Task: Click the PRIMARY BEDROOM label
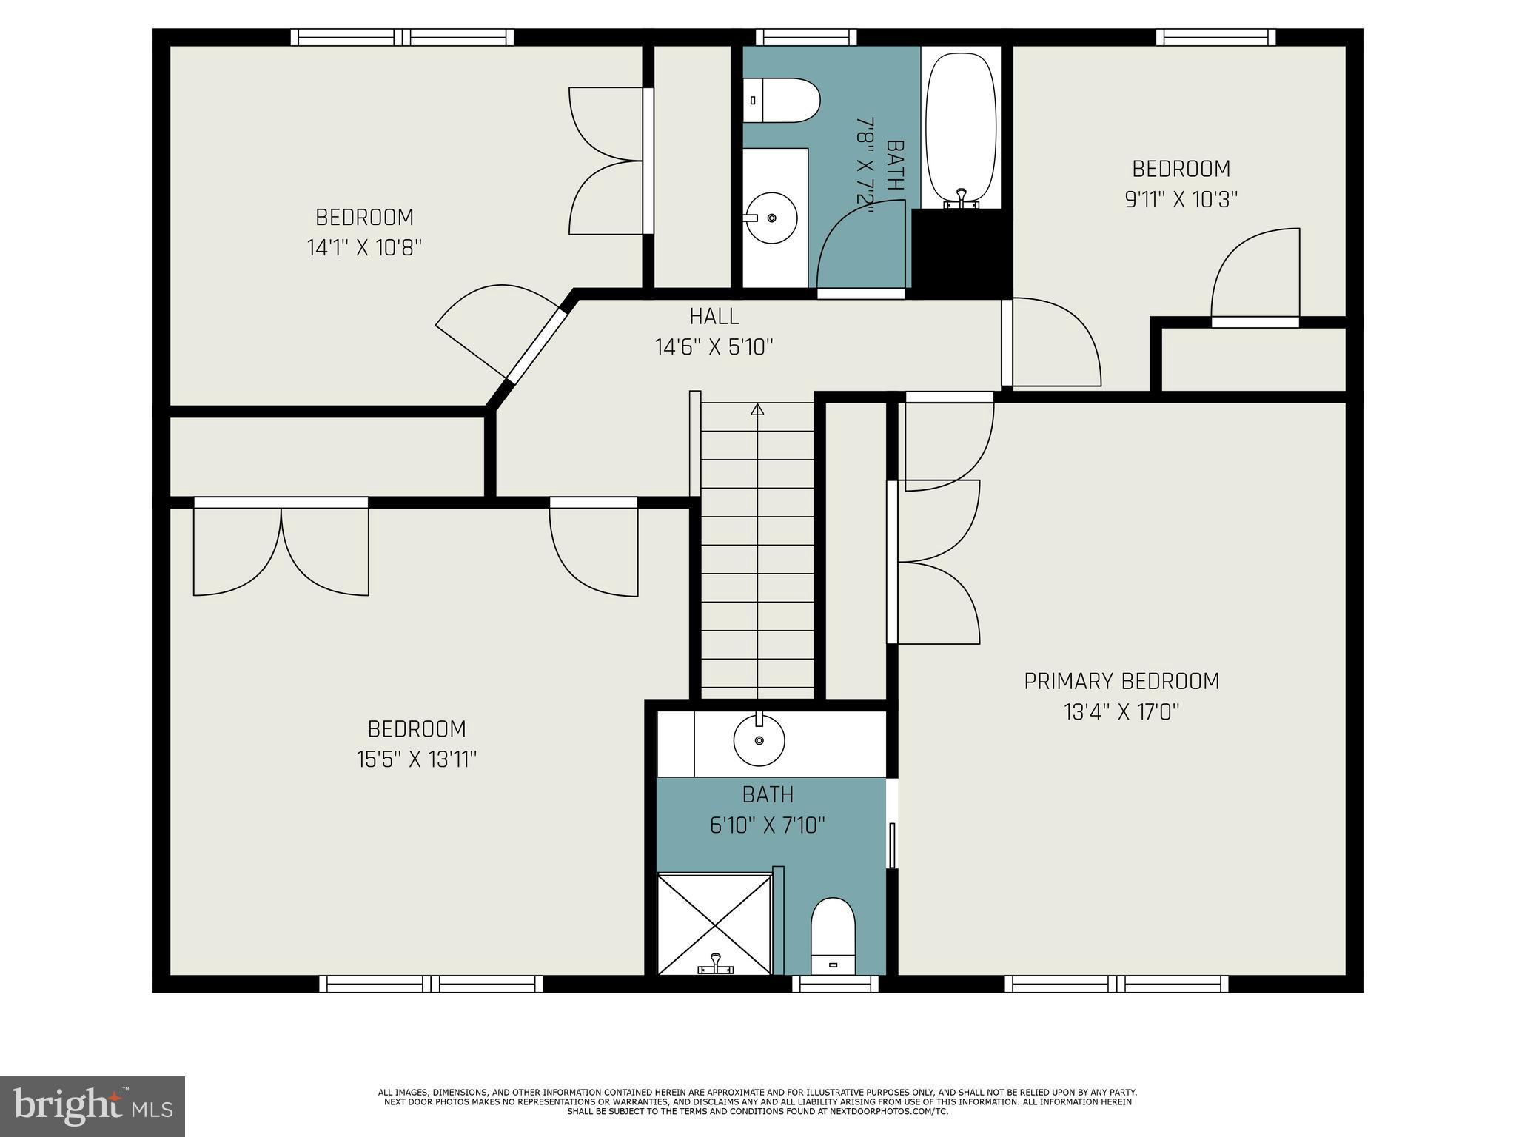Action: pyautogui.click(x=1121, y=681)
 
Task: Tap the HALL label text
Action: pyautogui.click(x=714, y=317)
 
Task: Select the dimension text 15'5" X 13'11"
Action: pyautogui.click(x=416, y=759)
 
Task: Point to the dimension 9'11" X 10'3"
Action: pyautogui.click(x=1181, y=200)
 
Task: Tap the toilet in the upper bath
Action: pyautogui.click(x=781, y=101)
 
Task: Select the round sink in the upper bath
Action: pyautogui.click(x=771, y=218)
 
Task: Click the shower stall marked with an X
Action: pyautogui.click(x=714, y=924)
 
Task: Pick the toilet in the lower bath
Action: pyautogui.click(x=833, y=936)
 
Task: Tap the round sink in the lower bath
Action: pyautogui.click(x=759, y=739)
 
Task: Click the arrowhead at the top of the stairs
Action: pyautogui.click(x=757, y=409)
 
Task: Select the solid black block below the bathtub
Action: pyautogui.click(x=961, y=252)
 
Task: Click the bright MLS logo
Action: pyautogui.click(x=92, y=1106)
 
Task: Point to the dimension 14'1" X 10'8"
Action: pyautogui.click(x=364, y=247)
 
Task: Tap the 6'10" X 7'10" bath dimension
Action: pyautogui.click(x=768, y=825)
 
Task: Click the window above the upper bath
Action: pyautogui.click(x=805, y=37)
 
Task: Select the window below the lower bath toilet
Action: pyautogui.click(x=835, y=984)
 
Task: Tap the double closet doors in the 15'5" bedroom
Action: pyautogui.click(x=281, y=548)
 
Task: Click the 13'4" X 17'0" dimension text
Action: pyautogui.click(x=1121, y=712)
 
